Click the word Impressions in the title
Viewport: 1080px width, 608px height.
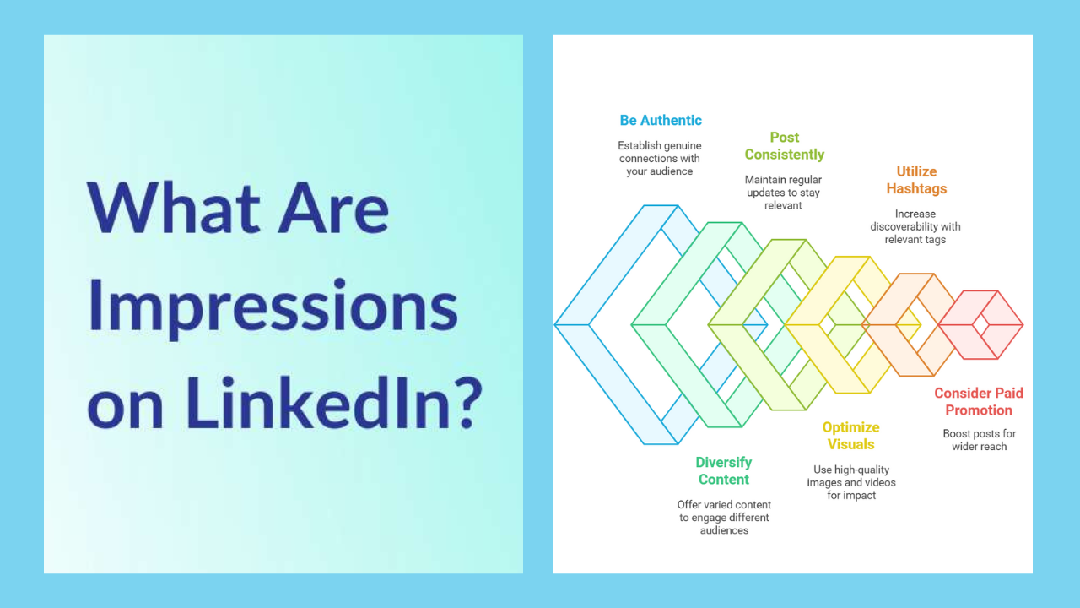(272, 306)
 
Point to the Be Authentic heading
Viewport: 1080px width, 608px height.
(661, 120)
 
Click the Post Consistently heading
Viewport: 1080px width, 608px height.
(784, 146)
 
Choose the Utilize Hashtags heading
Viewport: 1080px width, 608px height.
(916, 180)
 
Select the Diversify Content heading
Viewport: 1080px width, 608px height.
(724, 470)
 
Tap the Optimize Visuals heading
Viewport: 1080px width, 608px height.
(850, 436)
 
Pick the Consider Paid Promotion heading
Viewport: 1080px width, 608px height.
(979, 401)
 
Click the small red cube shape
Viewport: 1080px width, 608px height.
(981, 324)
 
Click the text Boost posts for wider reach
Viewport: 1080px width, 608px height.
(979, 440)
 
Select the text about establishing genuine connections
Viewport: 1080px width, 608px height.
(660, 158)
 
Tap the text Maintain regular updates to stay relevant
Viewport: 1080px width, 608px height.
(783, 193)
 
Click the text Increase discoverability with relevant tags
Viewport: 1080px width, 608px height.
(915, 226)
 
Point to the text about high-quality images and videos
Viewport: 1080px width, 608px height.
(850, 482)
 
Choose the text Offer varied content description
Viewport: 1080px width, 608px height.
(724, 517)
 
